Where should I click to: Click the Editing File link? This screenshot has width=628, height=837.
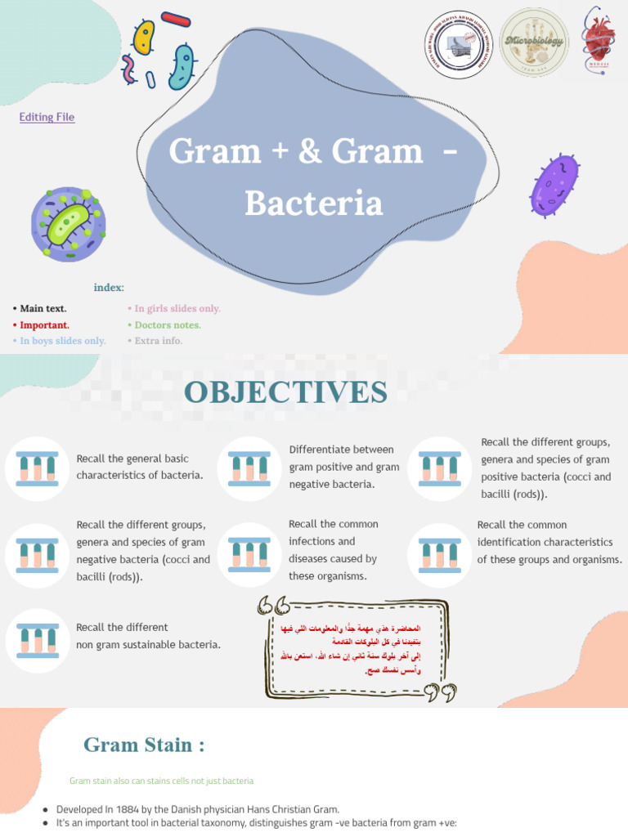[47, 117]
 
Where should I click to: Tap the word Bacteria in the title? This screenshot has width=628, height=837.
[314, 204]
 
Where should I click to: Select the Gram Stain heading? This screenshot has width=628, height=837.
[143, 745]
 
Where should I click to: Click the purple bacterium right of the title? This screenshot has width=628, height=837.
[555, 186]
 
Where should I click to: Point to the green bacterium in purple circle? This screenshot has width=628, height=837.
[69, 225]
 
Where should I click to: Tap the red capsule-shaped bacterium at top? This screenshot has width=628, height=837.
[176, 17]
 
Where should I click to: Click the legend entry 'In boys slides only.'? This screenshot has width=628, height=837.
[62, 341]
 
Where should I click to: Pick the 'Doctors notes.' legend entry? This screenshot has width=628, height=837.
[167, 325]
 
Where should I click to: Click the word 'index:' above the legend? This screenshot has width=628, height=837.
[109, 288]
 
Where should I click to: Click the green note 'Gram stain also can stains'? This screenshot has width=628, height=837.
[161, 781]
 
